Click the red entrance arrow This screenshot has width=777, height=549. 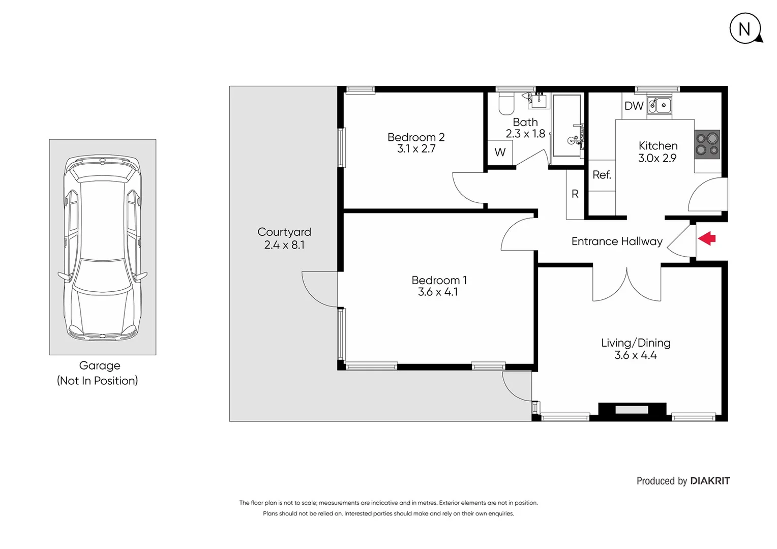click(x=707, y=238)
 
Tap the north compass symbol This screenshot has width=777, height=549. click(x=745, y=29)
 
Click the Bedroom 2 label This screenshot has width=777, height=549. click(x=415, y=137)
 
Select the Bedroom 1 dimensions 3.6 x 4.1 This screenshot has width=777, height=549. click(x=438, y=292)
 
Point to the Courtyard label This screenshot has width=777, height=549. click(x=284, y=232)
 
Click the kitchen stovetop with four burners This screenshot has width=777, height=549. click(x=707, y=144)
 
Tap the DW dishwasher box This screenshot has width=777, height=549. click(x=634, y=106)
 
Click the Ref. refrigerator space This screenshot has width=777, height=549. click(x=602, y=174)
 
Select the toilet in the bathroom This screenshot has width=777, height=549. click(x=506, y=104)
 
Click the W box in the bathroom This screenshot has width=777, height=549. click(x=500, y=152)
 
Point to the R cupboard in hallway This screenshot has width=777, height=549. click(x=575, y=194)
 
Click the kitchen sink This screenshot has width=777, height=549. click(x=659, y=106)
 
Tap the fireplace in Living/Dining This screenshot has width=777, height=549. click(x=632, y=410)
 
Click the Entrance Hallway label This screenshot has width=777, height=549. click(x=617, y=241)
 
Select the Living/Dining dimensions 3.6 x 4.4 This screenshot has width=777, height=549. click(x=635, y=355)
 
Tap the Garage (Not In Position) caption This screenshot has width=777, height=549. click(x=98, y=373)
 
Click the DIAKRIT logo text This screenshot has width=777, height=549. click(x=710, y=481)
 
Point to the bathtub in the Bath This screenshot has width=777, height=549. click(x=566, y=126)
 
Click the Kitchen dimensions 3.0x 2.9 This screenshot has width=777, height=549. click(x=657, y=158)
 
